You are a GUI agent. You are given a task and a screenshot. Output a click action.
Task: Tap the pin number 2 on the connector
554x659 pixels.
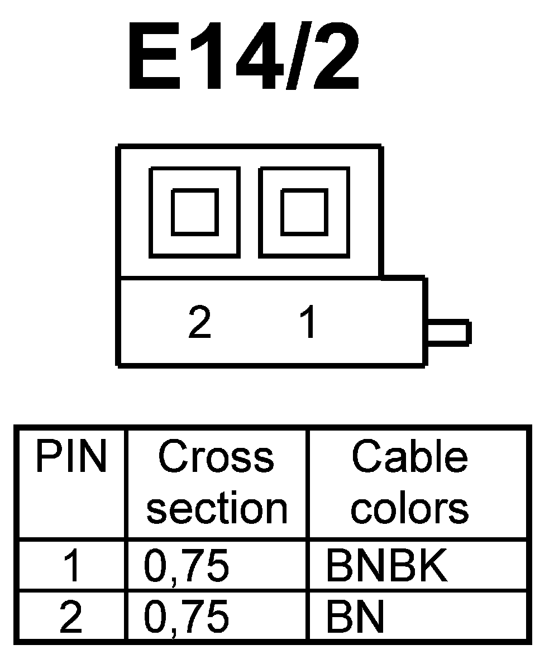[x=199, y=322]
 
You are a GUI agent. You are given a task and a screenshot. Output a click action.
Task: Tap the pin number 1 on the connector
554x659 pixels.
[x=307, y=322]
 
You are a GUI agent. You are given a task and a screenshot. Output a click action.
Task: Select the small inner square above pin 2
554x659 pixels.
[x=194, y=212]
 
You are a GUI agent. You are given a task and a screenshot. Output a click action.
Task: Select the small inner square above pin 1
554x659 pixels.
[x=303, y=212]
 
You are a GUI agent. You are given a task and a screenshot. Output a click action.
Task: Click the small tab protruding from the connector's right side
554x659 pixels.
[x=448, y=332]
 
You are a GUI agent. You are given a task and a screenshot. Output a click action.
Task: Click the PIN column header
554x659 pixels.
[x=71, y=456]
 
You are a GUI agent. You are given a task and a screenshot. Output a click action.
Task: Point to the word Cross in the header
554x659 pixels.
[x=216, y=456]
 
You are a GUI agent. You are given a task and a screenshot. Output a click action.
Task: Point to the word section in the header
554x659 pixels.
[x=217, y=508]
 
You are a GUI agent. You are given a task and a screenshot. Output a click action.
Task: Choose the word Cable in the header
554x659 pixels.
[x=409, y=456]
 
